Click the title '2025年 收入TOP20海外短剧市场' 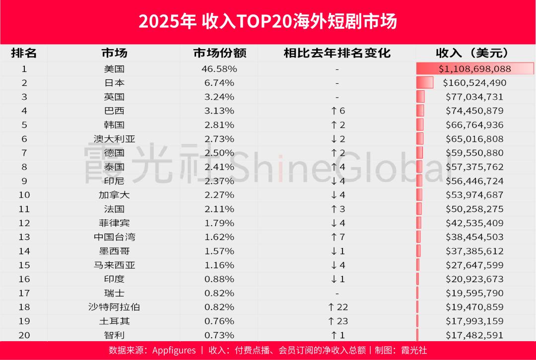pyautogui.click(x=268, y=22)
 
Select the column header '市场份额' pyautogui.click(x=219, y=53)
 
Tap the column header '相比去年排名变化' pyautogui.click(x=337, y=53)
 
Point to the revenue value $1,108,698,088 pyautogui.click(x=474, y=68)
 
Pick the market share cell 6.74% pyautogui.click(x=219, y=82)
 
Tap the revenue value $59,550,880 pyautogui.click(x=474, y=153)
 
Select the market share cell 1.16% pyautogui.click(x=219, y=265)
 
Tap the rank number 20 pyautogui.click(x=24, y=335)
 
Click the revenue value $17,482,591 pyautogui.click(x=474, y=335)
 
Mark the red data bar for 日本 pyautogui.click(x=424, y=82)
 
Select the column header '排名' pyautogui.click(x=24, y=53)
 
